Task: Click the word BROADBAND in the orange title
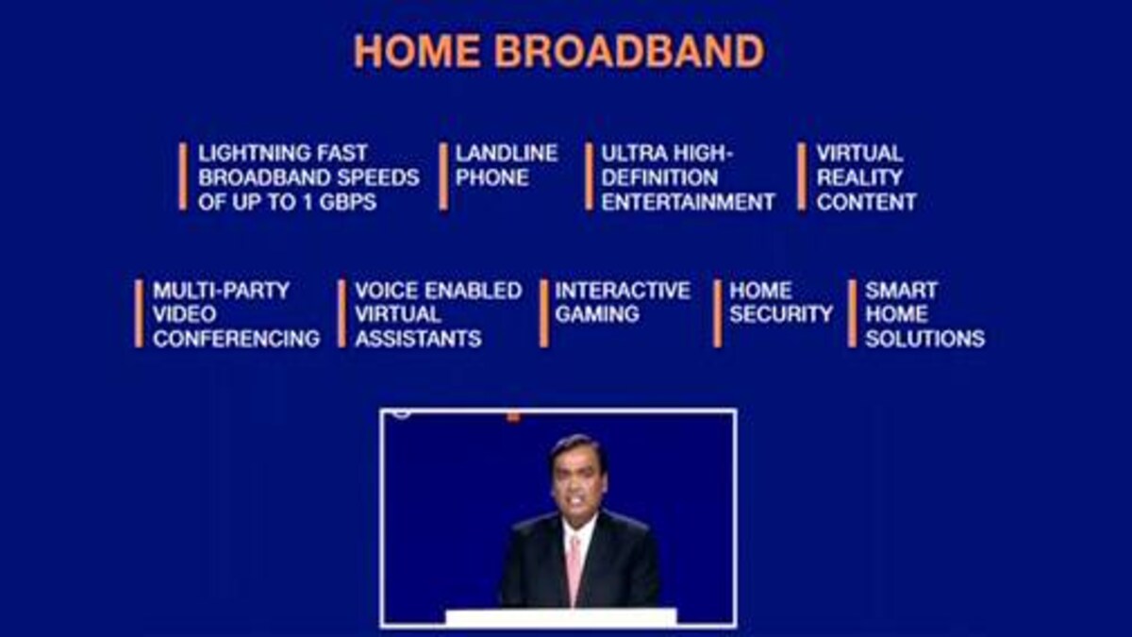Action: tap(629, 51)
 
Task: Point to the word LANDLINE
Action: tap(507, 153)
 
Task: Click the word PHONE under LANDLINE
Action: tap(491, 177)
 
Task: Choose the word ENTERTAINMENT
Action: tap(688, 202)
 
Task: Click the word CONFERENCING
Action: tap(236, 339)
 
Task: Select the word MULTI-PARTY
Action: tap(221, 290)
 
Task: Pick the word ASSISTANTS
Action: tap(418, 339)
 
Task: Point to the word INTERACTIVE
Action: tap(623, 290)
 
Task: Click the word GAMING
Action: tap(596, 314)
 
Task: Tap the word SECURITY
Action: tap(781, 314)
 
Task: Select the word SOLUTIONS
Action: tap(924, 339)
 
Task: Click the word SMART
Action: tap(901, 290)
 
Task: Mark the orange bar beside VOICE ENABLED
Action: tap(341, 313)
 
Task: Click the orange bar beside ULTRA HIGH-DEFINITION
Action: tap(589, 176)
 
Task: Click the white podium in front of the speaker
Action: tap(560, 618)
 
